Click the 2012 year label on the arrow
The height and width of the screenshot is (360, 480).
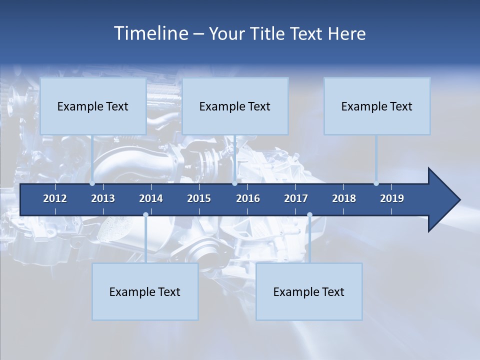[55, 198]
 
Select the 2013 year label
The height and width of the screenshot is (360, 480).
[103, 198]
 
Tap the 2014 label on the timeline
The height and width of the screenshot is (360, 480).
[151, 198]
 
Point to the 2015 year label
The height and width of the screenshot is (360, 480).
[199, 198]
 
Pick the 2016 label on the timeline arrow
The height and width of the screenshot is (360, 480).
[248, 198]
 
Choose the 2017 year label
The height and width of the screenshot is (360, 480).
[296, 198]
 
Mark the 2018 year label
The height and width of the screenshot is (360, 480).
[344, 198]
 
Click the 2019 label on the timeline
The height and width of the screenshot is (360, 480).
[392, 198]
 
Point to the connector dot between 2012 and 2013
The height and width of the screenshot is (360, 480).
[92, 183]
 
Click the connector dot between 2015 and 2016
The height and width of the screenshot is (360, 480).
[234, 183]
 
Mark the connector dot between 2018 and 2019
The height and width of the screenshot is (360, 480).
[376, 183]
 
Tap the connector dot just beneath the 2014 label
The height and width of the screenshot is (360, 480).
[145, 215]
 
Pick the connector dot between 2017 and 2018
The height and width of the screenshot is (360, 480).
[309, 215]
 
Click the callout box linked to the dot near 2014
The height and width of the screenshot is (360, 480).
[145, 291]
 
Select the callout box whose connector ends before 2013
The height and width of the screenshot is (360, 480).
[93, 106]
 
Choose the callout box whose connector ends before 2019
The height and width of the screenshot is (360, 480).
[377, 106]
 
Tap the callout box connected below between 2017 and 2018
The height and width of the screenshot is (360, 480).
[309, 291]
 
